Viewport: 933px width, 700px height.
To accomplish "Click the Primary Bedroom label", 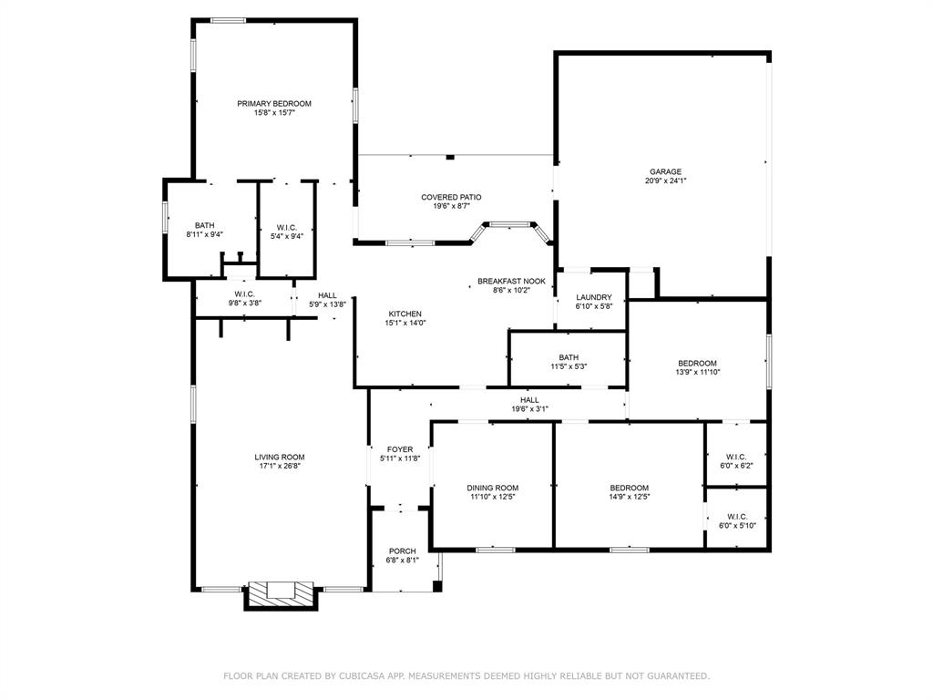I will (274, 104).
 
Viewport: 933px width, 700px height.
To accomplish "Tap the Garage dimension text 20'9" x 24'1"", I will (665, 180).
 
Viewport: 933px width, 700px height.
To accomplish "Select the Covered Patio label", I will (451, 197).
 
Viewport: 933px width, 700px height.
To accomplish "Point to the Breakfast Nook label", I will (511, 281).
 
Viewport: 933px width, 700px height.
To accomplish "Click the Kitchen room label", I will (405, 314).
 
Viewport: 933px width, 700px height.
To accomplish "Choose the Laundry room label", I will (594, 297).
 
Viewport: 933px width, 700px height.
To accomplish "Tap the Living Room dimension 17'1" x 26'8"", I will (280, 466).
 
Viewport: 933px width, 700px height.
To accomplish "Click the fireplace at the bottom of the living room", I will (281, 592).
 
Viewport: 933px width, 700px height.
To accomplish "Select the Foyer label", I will (400, 449).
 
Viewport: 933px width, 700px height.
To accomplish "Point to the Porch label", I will (402, 551).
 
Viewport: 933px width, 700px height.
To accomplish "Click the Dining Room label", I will (493, 488).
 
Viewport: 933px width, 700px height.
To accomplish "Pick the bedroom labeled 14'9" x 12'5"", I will (630, 488).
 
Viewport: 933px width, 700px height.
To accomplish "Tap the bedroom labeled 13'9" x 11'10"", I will (698, 363).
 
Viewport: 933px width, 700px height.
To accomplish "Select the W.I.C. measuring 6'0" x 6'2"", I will (737, 456).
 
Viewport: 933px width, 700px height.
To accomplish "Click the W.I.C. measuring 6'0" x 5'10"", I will (737, 517).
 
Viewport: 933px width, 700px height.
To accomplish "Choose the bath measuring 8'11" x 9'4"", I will (204, 226).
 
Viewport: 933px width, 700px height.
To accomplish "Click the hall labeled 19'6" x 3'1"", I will (529, 399).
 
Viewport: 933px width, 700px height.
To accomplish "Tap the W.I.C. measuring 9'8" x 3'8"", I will (244, 293).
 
